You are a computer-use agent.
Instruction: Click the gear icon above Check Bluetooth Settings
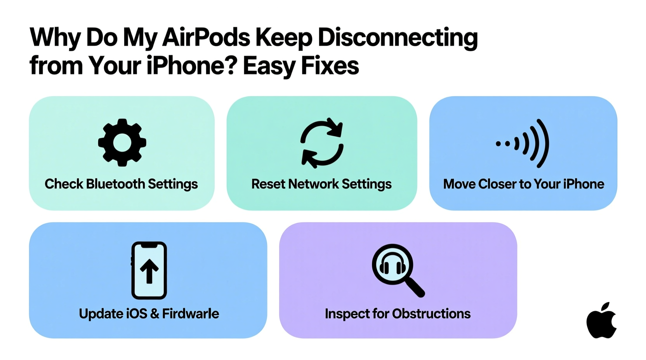[x=122, y=142]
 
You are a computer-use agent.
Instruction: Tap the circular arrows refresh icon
[x=322, y=143]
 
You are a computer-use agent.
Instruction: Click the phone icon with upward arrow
[x=149, y=270]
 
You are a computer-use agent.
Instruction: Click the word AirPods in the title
[x=206, y=38]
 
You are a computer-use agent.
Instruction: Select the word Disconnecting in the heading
[x=398, y=38]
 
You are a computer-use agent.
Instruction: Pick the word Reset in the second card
[x=268, y=184]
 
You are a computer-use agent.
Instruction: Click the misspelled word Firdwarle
[x=190, y=313]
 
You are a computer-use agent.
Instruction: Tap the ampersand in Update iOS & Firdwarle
[x=154, y=313]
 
